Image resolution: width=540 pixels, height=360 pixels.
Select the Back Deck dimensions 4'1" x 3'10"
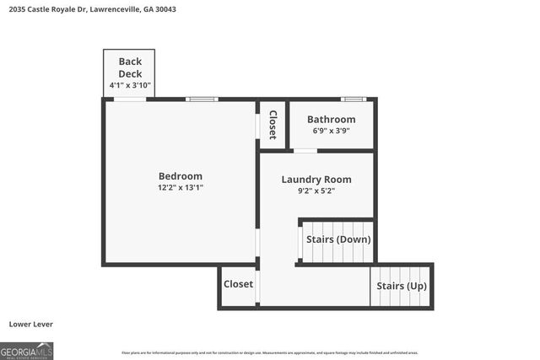[130, 86]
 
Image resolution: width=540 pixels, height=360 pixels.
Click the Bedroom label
[180, 176]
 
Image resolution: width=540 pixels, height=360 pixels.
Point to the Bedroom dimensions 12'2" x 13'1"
[180, 188]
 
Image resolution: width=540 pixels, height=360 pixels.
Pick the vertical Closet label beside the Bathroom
[273, 125]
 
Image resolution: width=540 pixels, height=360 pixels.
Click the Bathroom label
[331, 120]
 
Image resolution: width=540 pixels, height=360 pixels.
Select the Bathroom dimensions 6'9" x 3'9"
[331, 132]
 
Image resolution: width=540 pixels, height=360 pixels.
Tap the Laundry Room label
[316, 180]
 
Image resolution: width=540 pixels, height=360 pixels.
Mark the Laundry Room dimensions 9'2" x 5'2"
[316, 191]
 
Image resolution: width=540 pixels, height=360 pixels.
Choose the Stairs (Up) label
[402, 287]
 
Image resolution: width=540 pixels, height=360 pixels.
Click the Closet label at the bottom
[238, 284]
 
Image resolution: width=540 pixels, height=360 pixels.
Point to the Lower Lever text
[30, 324]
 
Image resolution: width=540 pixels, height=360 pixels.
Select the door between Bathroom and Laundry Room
[305, 151]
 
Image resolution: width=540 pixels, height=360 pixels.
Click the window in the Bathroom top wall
[354, 99]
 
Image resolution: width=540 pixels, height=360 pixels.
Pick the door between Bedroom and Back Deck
[130, 99]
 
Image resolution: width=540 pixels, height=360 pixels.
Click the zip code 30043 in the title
[165, 9]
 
